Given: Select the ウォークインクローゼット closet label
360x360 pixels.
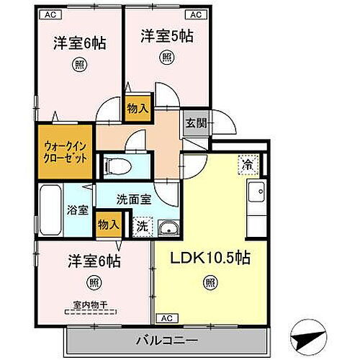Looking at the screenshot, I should click(x=65, y=152).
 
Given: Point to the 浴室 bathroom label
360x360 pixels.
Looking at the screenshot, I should click(x=78, y=211).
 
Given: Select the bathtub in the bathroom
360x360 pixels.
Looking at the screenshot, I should click(x=50, y=208).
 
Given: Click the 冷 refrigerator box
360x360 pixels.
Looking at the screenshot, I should click(x=246, y=163).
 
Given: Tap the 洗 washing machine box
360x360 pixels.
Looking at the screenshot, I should click(x=143, y=225).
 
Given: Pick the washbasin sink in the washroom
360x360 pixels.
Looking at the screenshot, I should click(x=168, y=228).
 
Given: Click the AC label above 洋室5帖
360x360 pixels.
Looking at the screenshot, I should click(x=195, y=14).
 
